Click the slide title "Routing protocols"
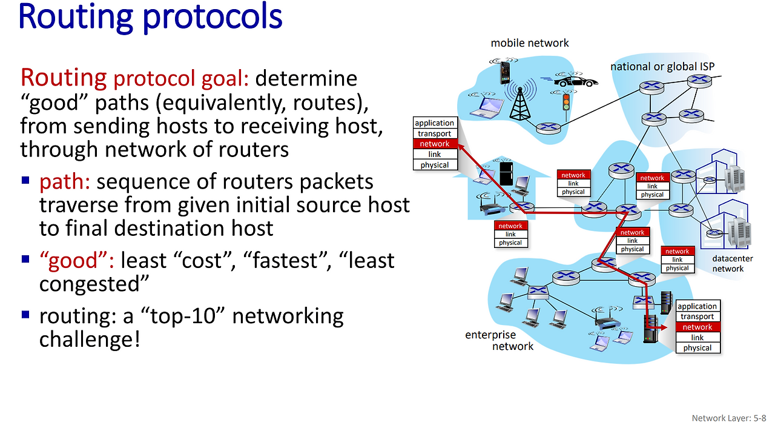(x=150, y=17)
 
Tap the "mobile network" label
(x=530, y=43)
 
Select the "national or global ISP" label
(x=662, y=67)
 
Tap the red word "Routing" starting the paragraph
(x=64, y=78)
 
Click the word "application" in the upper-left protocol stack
(x=434, y=123)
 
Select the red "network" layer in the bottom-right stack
(x=697, y=327)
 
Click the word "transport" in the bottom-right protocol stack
(x=697, y=316)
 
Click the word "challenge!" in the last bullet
(x=90, y=339)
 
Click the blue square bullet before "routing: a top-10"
(x=25, y=314)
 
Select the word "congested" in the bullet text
(x=94, y=284)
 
